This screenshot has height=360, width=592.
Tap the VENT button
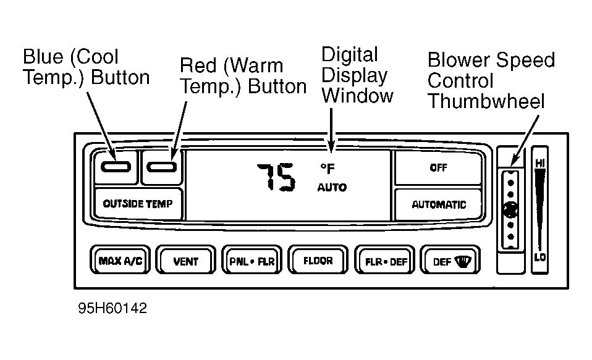point(186,259)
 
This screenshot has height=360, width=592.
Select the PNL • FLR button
point(252,259)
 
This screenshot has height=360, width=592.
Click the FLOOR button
point(318,259)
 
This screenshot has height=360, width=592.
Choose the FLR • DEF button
point(385,259)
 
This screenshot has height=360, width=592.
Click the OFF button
point(438,167)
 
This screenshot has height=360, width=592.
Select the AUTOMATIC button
point(438,204)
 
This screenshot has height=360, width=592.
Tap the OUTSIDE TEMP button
point(138,203)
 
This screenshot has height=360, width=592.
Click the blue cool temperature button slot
point(116,167)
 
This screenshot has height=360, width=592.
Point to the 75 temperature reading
point(276,177)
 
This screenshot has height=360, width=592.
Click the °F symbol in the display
point(328,169)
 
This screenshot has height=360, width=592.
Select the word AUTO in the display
point(332,187)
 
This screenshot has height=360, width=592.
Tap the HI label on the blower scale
point(540,163)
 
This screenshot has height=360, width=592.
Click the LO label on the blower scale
point(540,257)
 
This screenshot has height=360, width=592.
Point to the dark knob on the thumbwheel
point(510,209)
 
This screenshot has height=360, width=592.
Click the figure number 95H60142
point(112,308)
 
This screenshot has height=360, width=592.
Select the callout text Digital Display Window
point(357,75)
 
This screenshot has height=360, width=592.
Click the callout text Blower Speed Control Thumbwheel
point(491,80)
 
